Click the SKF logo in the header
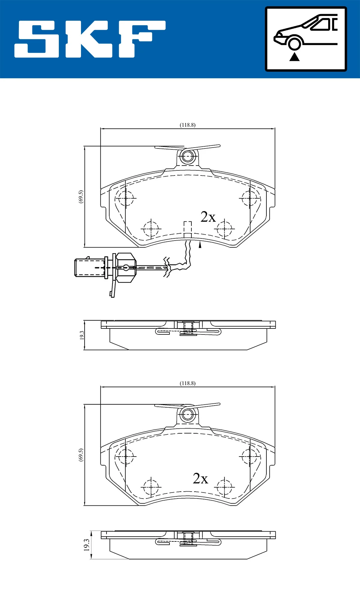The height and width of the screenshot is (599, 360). point(90,39)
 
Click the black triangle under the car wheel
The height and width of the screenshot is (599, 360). point(295,57)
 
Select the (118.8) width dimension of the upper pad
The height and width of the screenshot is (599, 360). point(187,125)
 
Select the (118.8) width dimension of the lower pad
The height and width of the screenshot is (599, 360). point(187,383)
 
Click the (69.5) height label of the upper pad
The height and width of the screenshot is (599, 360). point(81,196)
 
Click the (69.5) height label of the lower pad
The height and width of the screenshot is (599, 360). point(81,455)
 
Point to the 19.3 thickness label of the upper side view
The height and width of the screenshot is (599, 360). point(82,335)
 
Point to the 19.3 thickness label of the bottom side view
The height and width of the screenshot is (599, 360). point(87,545)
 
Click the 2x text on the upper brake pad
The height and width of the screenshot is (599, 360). point(208,217)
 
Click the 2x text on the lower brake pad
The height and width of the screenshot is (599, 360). point(200,478)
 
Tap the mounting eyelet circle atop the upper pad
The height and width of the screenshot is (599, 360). point(188,156)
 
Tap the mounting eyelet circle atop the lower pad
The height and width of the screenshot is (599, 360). point(188,414)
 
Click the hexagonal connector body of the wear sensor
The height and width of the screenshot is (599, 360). point(126,268)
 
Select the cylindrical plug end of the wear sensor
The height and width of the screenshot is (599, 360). point(89,268)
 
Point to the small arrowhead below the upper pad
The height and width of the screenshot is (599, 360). point(200,245)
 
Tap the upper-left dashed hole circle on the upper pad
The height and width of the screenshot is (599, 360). point(125,198)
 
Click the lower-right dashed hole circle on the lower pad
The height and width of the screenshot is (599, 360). point(224,487)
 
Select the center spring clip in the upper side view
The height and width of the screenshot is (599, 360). point(188,330)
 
